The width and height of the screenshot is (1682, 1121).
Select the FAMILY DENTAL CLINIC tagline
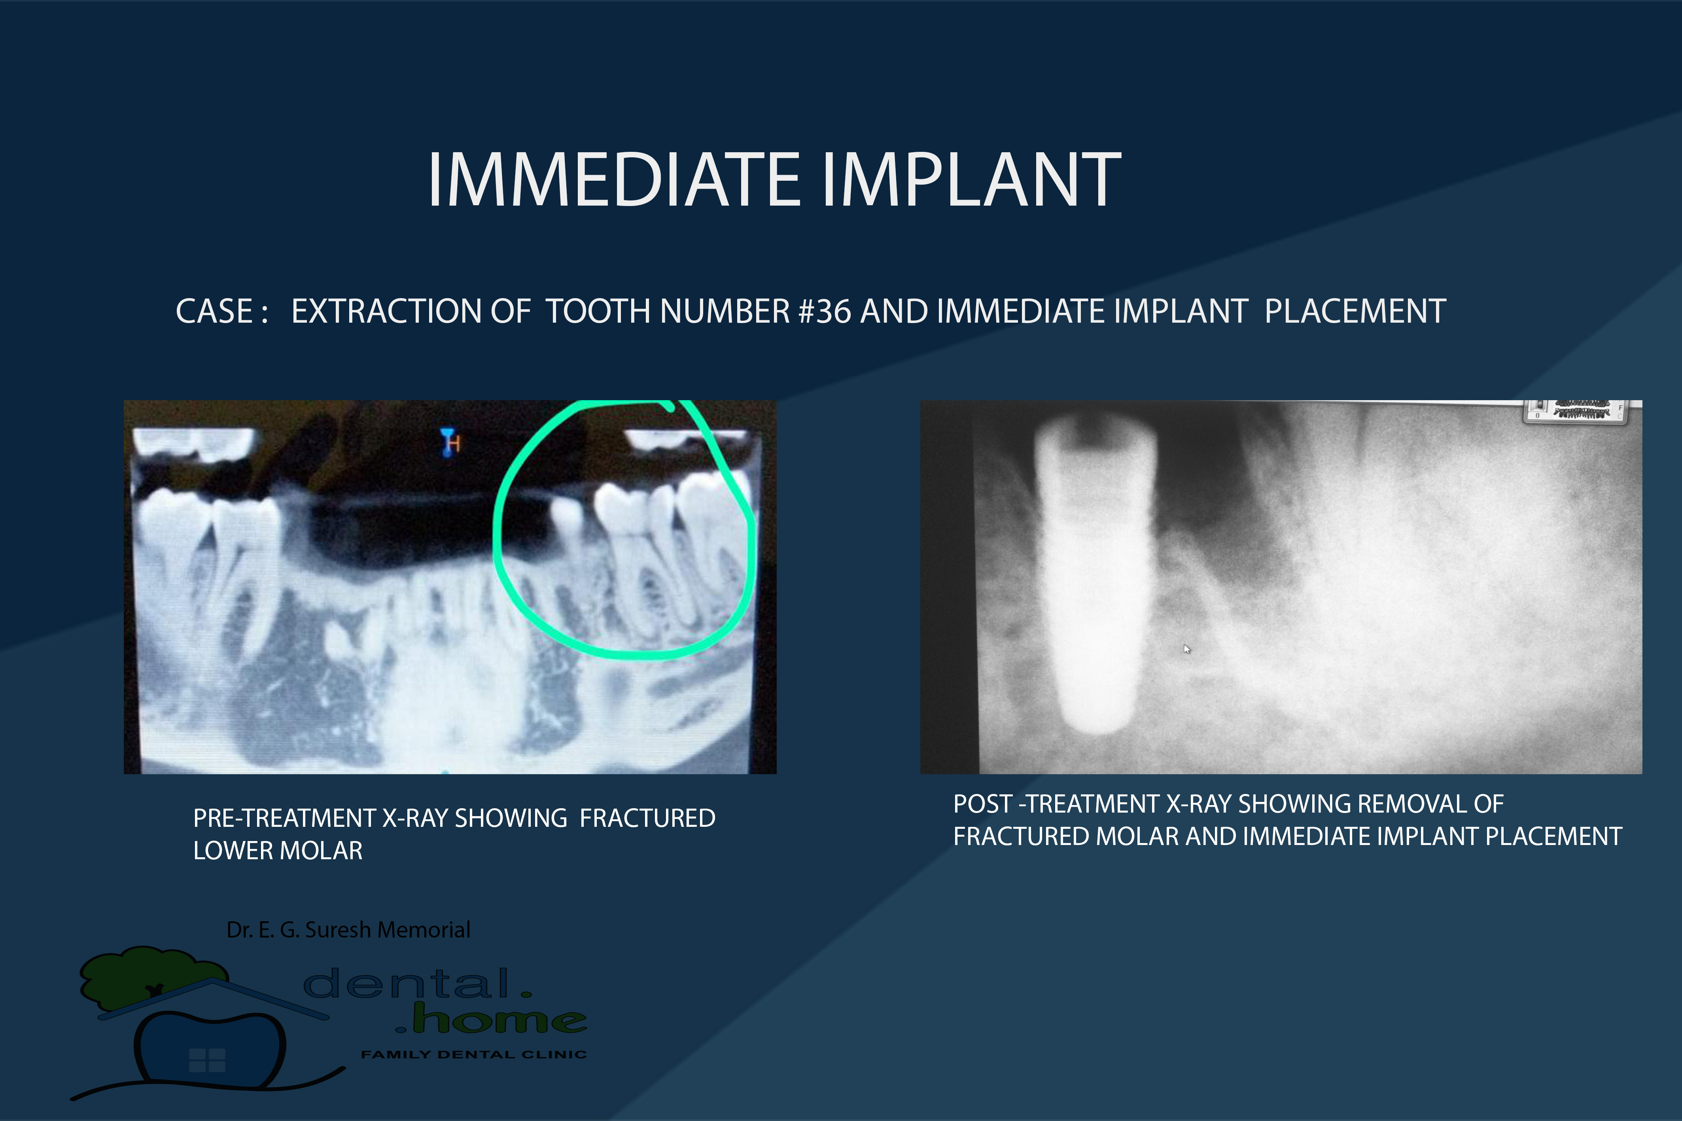tap(473, 1055)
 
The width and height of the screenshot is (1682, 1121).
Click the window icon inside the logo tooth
tap(206, 1060)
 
